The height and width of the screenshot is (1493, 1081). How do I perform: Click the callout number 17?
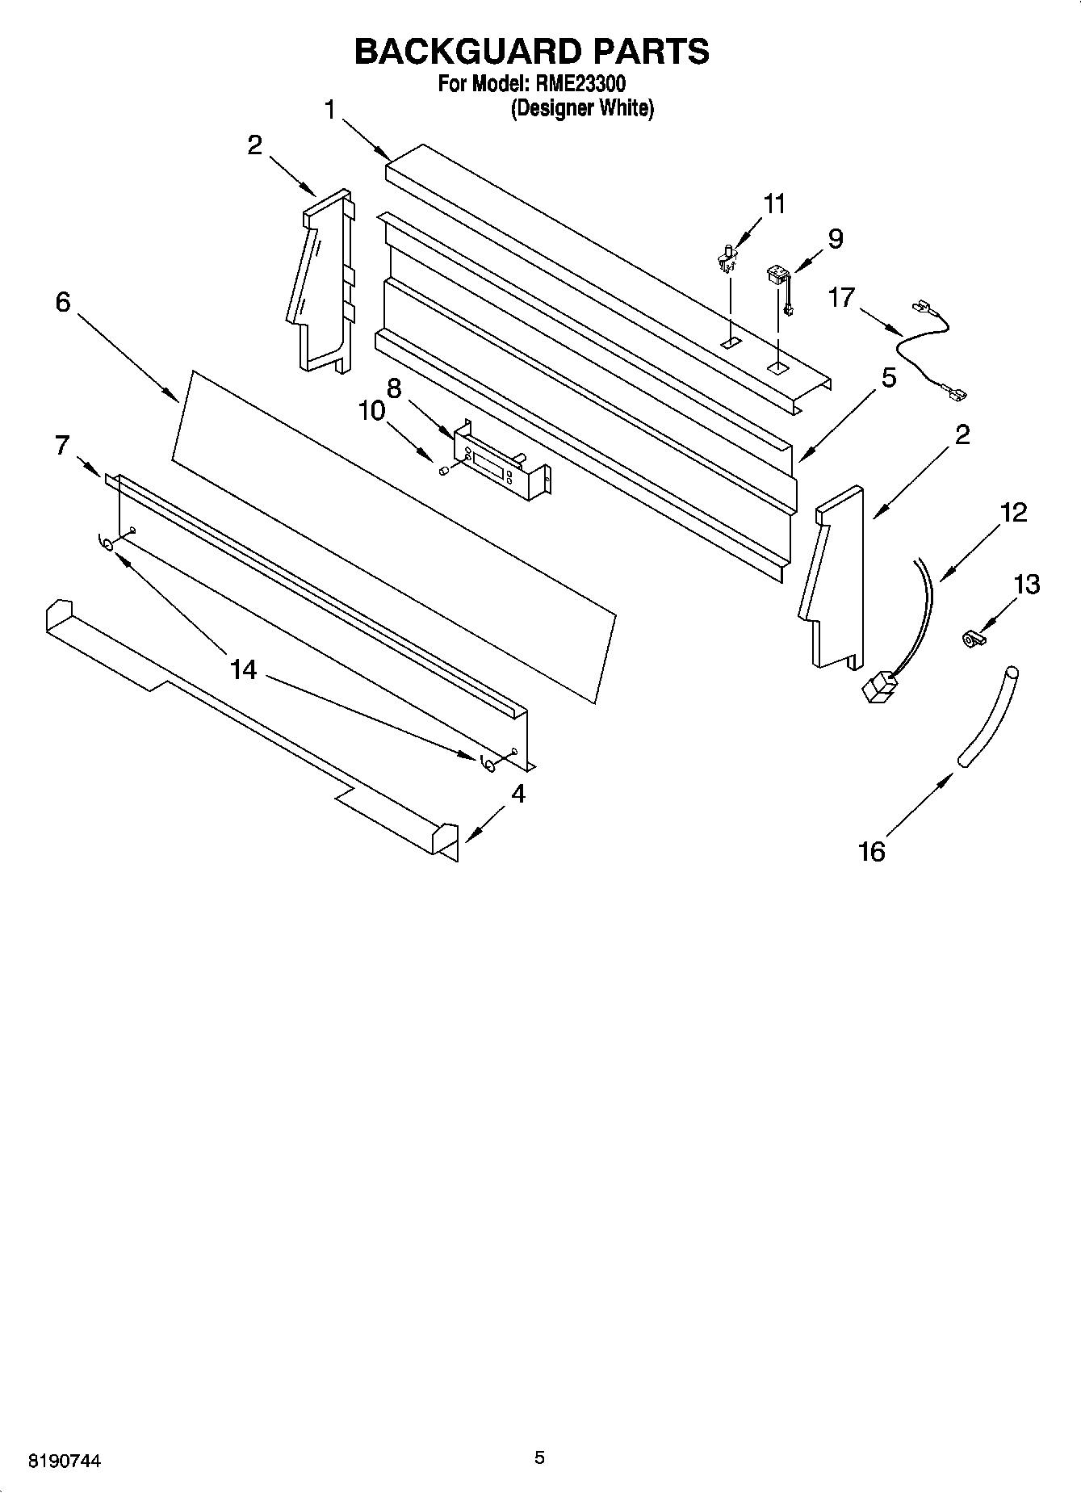pos(840,297)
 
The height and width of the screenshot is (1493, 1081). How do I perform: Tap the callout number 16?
pos(872,851)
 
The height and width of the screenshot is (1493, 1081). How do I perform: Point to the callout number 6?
pos(63,302)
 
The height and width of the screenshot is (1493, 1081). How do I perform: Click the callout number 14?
pos(243,669)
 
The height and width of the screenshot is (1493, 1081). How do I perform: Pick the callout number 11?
pos(774,203)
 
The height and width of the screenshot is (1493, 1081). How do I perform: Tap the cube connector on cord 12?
pos(880,689)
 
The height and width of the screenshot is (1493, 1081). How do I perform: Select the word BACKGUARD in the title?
pos(467,51)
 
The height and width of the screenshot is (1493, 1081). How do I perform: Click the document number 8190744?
pos(65,1460)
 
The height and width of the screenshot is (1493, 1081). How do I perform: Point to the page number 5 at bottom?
pos(539,1457)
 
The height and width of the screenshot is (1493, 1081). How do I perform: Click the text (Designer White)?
pos(581,108)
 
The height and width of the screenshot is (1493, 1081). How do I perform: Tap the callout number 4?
pos(518,794)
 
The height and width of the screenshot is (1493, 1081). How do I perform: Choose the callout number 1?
pos(329,109)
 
